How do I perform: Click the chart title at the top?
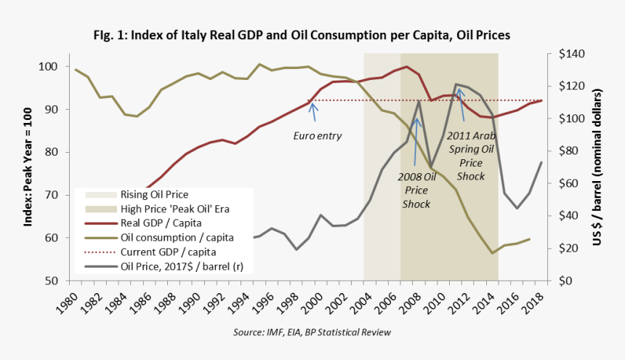(x=312, y=34)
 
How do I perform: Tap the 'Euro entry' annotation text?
(x=317, y=135)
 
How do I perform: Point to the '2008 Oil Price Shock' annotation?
(x=416, y=190)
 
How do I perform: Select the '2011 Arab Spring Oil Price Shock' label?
(x=471, y=156)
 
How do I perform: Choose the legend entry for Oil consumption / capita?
(x=173, y=237)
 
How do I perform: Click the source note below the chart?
(x=312, y=332)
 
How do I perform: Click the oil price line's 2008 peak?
(x=419, y=101)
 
